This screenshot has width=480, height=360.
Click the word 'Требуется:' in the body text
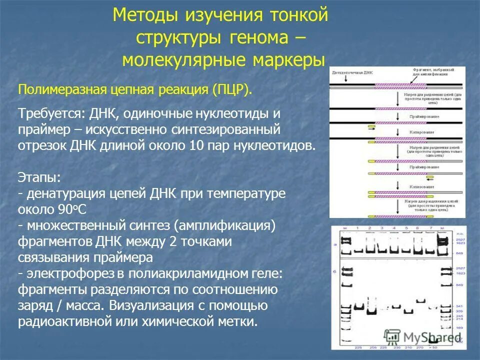pyautogui.click(x=52, y=113)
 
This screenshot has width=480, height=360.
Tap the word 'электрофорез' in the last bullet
pyautogui.click(x=70, y=274)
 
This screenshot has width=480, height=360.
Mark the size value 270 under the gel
pyautogui.click(x=420, y=347)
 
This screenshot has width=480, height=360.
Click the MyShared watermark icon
pyautogui.click(x=392, y=336)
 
